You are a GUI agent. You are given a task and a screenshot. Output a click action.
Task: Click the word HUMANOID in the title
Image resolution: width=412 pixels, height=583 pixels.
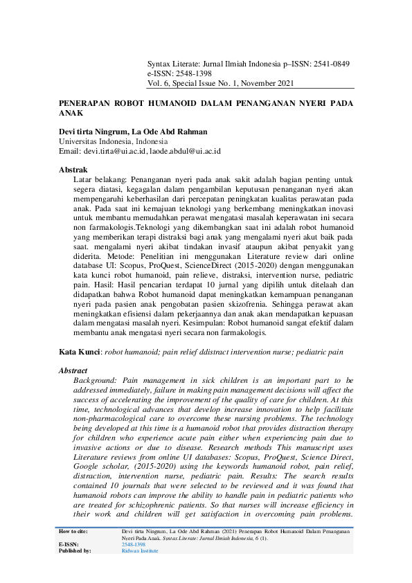(x=175, y=103)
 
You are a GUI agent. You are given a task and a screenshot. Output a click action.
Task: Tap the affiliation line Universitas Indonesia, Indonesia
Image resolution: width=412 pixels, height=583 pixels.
(x=117, y=141)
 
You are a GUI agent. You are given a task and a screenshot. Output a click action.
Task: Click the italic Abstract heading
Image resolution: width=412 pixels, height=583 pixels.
(x=75, y=371)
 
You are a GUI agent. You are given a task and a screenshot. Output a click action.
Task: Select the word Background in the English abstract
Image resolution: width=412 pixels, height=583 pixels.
(x=94, y=380)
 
